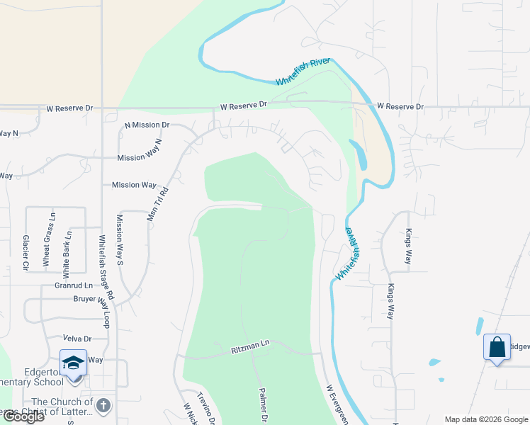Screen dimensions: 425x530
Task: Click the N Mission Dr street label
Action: [x=147, y=125]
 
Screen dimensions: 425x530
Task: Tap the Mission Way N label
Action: [x=140, y=159]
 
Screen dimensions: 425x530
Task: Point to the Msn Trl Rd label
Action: [x=159, y=204]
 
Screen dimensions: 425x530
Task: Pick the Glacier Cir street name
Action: [x=26, y=254]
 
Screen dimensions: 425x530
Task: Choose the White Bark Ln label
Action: [x=68, y=253]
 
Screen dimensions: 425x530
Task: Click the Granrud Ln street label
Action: [x=74, y=285]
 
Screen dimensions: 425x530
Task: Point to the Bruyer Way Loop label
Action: [x=93, y=300]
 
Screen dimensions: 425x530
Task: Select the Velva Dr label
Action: [x=78, y=339]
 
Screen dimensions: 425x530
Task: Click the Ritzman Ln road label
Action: [x=251, y=346]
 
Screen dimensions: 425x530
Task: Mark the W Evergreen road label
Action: [x=337, y=404]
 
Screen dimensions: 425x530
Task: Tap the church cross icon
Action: [x=103, y=405]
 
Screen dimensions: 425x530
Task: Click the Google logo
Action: [x=23, y=416]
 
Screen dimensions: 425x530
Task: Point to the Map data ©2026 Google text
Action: [x=485, y=419]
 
